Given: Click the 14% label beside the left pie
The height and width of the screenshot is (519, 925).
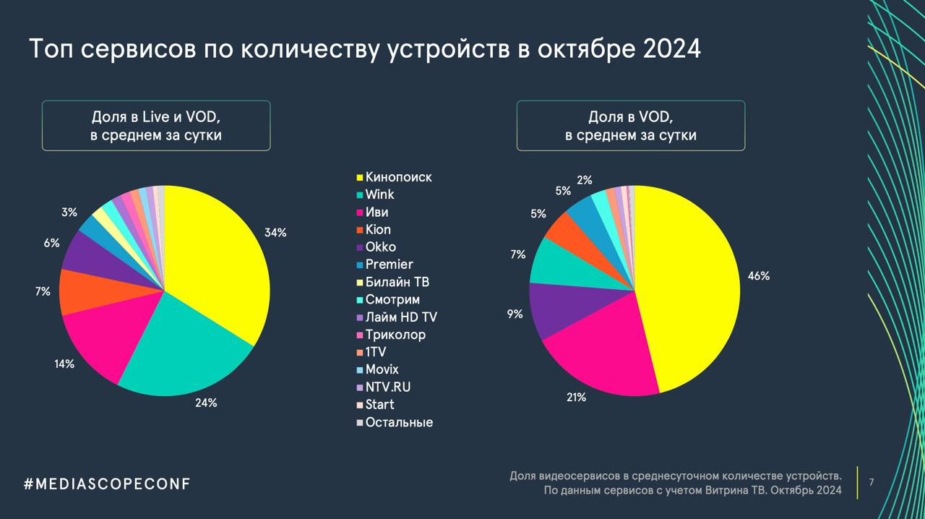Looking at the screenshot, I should [x=64, y=364].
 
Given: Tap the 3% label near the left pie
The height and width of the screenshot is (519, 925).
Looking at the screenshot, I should [x=69, y=213].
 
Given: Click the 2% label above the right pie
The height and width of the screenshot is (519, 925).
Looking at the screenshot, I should [x=585, y=180].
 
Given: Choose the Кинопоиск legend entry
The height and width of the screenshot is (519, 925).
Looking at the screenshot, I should [x=398, y=177].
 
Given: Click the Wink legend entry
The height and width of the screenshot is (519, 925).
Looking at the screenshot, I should [x=379, y=194].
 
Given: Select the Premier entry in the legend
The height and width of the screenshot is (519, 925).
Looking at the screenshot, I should [x=389, y=265].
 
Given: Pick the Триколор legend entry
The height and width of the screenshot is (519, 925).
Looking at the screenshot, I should [x=395, y=335].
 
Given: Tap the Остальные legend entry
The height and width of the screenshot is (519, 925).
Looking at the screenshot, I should [x=399, y=422].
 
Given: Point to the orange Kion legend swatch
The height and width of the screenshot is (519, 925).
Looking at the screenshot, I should [x=359, y=231].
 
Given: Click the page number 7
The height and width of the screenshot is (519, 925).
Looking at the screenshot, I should [x=872, y=482].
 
